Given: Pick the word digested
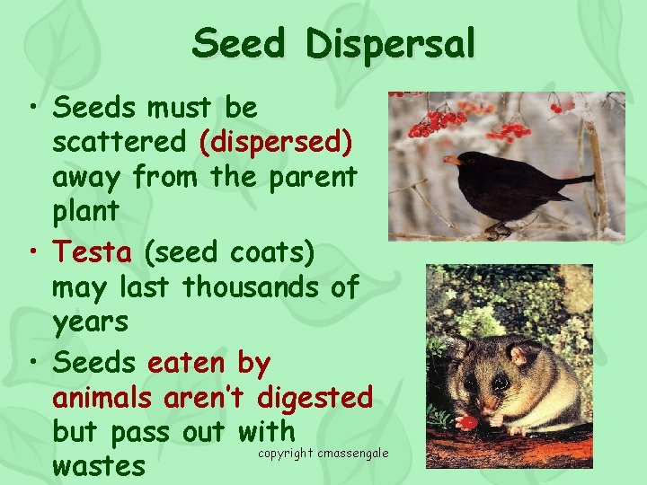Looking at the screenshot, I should coord(315,397).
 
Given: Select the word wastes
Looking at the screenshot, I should coord(98,466).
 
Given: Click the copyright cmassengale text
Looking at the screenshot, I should coord(323,453).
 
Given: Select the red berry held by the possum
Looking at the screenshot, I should coord(466,421).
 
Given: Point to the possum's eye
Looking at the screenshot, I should coord(501,383).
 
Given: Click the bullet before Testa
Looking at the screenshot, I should coord(32,252).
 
